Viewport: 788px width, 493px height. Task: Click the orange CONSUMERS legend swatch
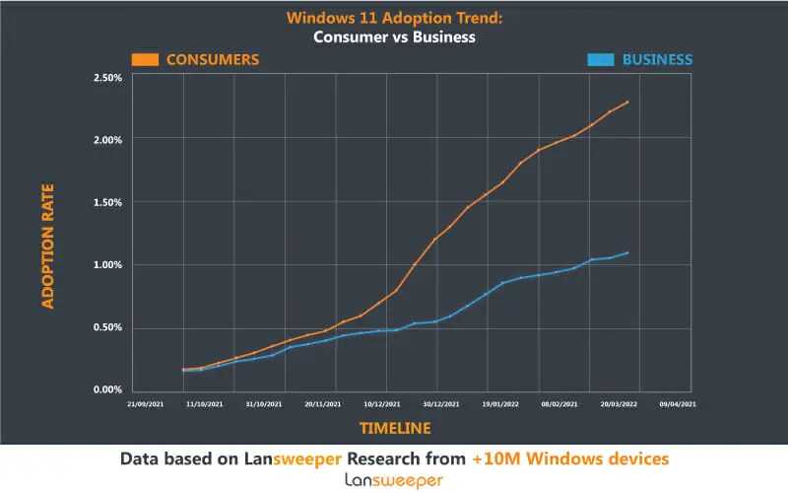point(147,59)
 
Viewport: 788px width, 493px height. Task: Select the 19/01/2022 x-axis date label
point(499,403)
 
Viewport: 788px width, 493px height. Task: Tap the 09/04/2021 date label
point(678,403)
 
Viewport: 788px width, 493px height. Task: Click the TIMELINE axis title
point(394,428)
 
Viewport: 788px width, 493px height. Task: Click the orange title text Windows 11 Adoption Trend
point(394,18)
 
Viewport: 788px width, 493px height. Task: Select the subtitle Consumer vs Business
point(394,37)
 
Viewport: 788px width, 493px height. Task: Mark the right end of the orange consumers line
point(628,102)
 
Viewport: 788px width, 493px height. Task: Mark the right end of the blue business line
point(628,252)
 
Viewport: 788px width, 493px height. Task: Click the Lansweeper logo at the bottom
point(394,479)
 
